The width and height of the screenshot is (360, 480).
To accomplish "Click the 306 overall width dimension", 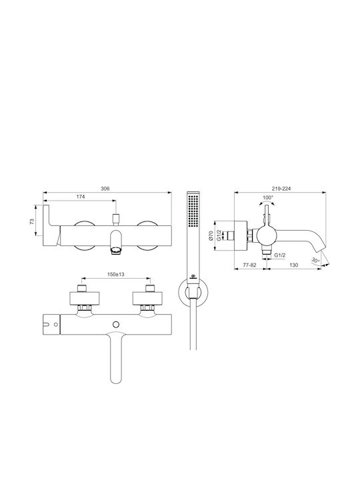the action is pos(105,189).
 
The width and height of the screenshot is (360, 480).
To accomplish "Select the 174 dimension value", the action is pos(80,197).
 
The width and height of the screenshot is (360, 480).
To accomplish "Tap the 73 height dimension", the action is pos(32,221).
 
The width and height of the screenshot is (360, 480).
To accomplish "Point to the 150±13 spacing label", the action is pos(116,275).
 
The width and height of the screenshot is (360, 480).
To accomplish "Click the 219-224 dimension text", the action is pos(281,189).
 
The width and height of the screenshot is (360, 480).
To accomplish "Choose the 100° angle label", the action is pos(267,197).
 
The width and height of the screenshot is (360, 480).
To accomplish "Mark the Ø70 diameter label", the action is pos(211,235).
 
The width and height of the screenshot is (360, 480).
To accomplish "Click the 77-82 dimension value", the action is pos(249,265).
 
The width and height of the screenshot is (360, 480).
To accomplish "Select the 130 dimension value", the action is pos(293,265).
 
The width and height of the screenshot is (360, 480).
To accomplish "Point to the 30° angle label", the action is pos(315,261).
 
